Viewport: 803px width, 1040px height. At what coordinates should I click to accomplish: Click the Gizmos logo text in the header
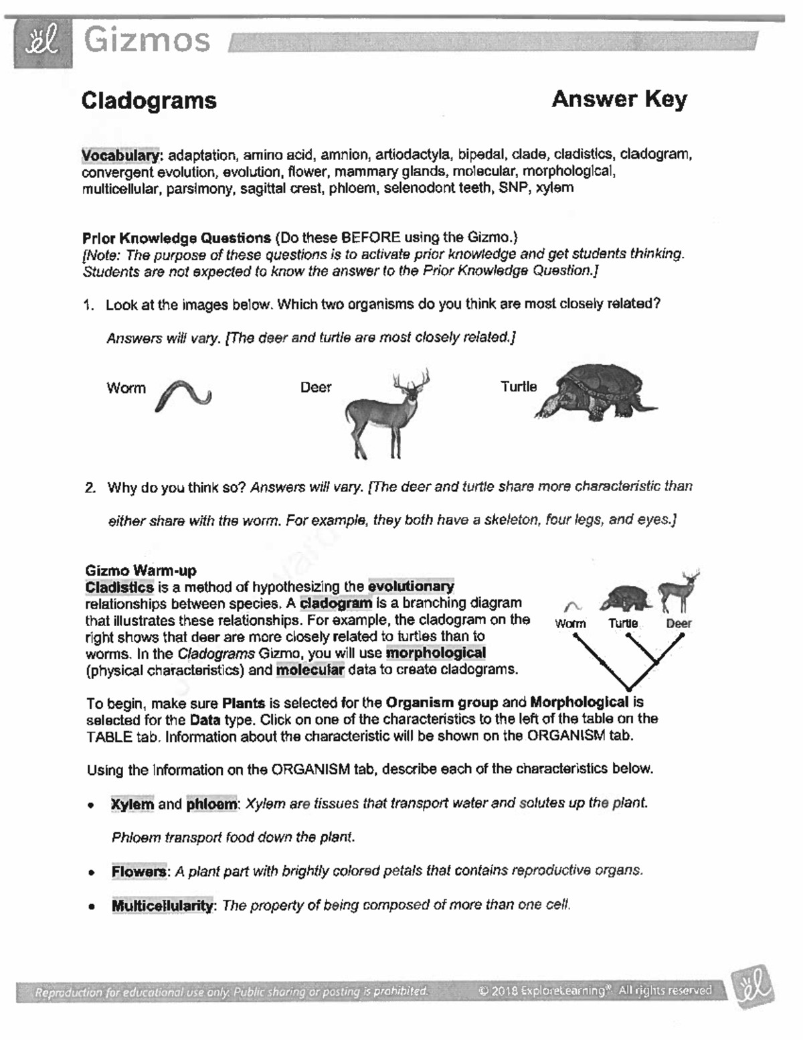(x=147, y=41)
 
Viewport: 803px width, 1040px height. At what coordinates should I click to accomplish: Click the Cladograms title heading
(x=149, y=100)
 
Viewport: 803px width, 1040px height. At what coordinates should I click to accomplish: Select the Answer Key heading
(x=619, y=99)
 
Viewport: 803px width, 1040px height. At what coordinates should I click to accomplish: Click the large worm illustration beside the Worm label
(x=183, y=394)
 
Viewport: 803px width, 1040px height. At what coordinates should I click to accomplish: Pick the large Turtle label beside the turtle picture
(x=519, y=387)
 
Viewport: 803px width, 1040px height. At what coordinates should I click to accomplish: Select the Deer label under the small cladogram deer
(x=679, y=623)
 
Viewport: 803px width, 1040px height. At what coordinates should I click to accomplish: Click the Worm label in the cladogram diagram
(x=570, y=623)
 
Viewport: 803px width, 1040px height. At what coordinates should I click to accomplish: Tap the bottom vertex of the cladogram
(x=628, y=688)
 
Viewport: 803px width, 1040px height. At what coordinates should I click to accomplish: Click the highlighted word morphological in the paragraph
(x=436, y=653)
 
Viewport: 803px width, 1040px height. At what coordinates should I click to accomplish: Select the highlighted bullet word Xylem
(x=132, y=804)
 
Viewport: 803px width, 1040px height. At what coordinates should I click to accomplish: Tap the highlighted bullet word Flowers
(x=139, y=872)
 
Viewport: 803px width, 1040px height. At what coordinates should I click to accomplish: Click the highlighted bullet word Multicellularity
(x=163, y=906)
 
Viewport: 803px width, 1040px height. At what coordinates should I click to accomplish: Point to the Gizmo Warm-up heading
(x=141, y=571)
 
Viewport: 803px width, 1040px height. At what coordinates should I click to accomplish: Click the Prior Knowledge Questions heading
(x=176, y=238)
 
